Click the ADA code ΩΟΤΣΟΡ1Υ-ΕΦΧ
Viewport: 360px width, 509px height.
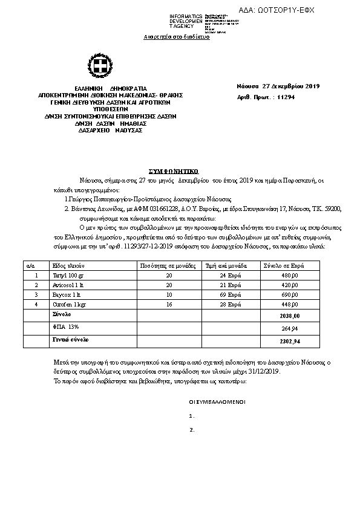pos(286,10)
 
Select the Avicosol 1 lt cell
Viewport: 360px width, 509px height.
pos(68,285)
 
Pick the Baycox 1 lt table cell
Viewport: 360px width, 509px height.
pos(66,294)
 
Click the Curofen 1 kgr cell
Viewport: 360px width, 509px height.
pos(68,304)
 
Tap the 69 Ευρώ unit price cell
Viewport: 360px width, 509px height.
pos(226,294)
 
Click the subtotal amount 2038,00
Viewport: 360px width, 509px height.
pos(291,316)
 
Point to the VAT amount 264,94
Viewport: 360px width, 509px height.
pos(291,329)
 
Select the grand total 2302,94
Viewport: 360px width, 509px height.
pos(291,342)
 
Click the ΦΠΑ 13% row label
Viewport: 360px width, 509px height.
pos(66,326)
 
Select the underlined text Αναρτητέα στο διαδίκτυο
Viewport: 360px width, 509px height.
pos(176,37)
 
